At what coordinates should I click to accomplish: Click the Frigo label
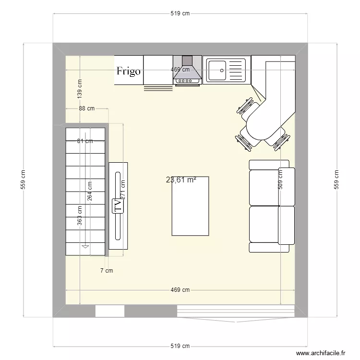tap(129, 72)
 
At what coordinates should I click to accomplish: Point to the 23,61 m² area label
tap(181, 180)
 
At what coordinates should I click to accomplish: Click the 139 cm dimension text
tap(80, 89)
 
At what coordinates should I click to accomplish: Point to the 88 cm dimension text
tap(86, 109)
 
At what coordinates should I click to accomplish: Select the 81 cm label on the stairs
tap(85, 141)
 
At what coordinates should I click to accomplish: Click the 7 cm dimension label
tap(106, 271)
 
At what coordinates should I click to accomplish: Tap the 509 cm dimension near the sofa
tap(280, 180)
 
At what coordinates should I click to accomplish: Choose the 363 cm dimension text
tap(80, 215)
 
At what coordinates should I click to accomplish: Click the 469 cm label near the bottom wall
tap(180, 290)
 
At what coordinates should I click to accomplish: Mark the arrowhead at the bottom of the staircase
tap(85, 246)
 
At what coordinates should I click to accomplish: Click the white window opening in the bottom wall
tap(109, 311)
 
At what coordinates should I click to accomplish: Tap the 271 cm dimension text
tap(123, 190)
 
